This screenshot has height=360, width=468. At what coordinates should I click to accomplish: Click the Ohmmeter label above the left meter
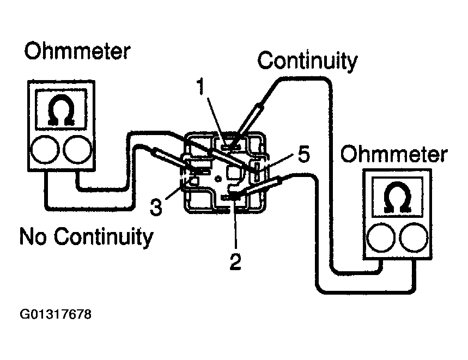77,51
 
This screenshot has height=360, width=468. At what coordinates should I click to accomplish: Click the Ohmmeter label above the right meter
394,154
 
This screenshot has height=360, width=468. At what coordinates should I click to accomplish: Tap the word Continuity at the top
307,61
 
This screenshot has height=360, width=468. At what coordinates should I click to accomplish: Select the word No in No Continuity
33,236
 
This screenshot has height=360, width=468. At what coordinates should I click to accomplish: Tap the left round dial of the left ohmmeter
45,149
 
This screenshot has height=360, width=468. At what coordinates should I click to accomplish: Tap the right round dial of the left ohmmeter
78,149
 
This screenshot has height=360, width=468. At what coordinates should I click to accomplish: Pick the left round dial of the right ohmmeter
381,237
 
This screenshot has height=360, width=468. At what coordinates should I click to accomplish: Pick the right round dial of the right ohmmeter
414,237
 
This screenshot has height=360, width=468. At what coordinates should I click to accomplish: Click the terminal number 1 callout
202,87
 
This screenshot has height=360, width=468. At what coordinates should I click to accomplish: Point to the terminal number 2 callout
235,261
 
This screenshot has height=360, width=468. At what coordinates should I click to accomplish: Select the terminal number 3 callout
156,207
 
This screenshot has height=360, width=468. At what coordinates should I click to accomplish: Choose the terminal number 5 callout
304,155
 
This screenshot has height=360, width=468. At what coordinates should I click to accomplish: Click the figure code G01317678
56,314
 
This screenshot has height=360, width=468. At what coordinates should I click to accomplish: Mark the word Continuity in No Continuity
104,237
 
